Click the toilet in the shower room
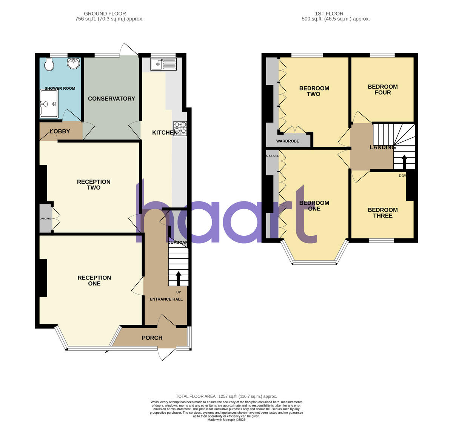[49, 64]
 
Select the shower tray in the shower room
[49, 104]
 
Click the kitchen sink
[163, 64]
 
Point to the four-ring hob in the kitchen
[180, 128]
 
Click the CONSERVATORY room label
[111, 99]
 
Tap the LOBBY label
[60, 132]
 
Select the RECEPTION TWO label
[94, 185]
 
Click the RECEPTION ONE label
[94, 281]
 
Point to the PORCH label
[152, 338]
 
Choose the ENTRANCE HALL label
[166, 299]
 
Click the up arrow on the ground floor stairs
[178, 278]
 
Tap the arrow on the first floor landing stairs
[404, 163]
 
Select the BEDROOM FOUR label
[383, 89]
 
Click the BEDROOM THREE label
[383, 213]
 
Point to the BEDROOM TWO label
[314, 91]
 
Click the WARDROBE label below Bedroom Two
[288, 141]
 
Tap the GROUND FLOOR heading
[105, 14]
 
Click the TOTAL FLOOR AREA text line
[226, 396]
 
